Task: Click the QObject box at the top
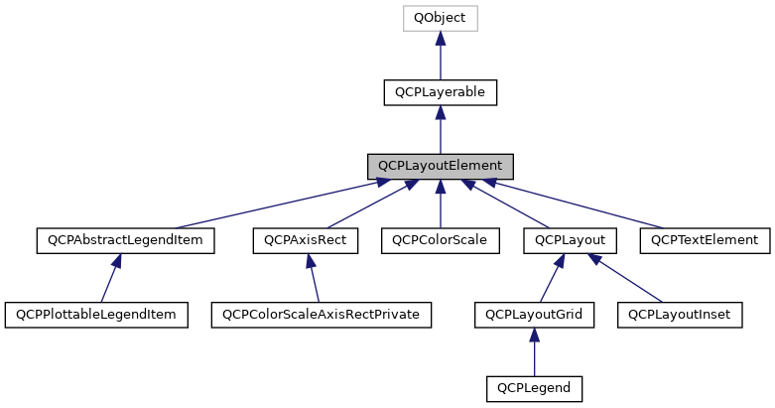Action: pyautogui.click(x=440, y=18)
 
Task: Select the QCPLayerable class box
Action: pyautogui.click(x=440, y=92)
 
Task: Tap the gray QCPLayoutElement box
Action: pyautogui.click(x=440, y=166)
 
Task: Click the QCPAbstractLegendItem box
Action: pyautogui.click(x=125, y=240)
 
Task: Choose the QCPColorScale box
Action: pyautogui.click(x=440, y=240)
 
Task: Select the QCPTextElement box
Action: pyautogui.click(x=704, y=240)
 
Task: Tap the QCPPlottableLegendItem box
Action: pyautogui.click(x=96, y=315)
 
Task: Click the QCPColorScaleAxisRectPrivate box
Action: pyautogui.click(x=321, y=315)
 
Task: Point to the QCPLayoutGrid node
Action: pyautogui.click(x=534, y=315)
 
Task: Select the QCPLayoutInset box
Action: pyautogui.click(x=680, y=315)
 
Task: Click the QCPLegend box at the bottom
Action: pyautogui.click(x=534, y=388)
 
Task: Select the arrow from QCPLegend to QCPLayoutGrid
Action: pyautogui.click(x=534, y=351)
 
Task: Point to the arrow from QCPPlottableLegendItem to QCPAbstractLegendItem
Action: pyautogui.click(x=110, y=278)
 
